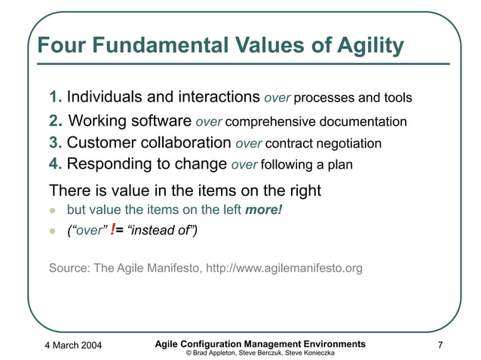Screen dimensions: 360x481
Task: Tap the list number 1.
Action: [x=55, y=98]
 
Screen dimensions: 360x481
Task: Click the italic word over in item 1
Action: [x=277, y=99]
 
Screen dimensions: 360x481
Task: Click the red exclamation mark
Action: [x=113, y=230]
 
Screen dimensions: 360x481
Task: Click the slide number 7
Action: [x=440, y=346]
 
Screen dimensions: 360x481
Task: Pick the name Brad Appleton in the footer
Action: [x=215, y=352]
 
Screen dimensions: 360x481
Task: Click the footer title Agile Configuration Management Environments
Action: [x=259, y=343]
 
